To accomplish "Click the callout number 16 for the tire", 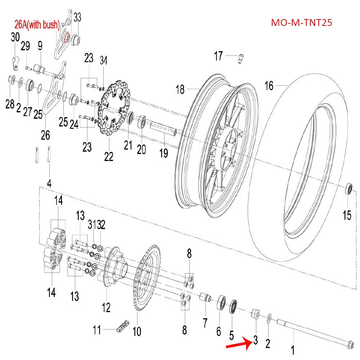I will tap(269, 86).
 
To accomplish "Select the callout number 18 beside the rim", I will tap(180, 89).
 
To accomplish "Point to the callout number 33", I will tap(78, 17).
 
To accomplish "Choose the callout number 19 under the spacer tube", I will tap(164, 153).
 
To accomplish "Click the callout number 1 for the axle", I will tap(293, 350).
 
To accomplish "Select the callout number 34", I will tap(104, 59).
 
